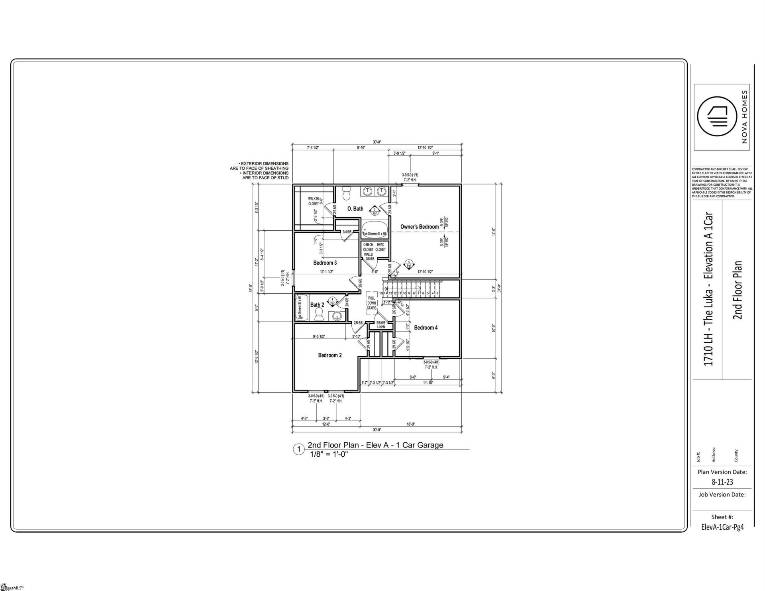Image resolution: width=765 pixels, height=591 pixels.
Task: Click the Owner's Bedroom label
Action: (x=420, y=227)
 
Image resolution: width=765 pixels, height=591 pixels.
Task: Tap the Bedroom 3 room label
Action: (x=325, y=263)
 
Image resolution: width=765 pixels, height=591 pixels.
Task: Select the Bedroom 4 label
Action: (x=426, y=328)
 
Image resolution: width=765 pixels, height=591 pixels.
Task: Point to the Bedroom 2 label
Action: (x=330, y=355)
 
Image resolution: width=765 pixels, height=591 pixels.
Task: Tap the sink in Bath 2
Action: (x=337, y=316)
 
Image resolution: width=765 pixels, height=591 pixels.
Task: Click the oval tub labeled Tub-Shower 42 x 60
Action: (x=374, y=227)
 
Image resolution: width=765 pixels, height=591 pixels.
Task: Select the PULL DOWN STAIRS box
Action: (x=372, y=303)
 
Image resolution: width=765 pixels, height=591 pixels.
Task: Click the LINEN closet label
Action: (x=381, y=327)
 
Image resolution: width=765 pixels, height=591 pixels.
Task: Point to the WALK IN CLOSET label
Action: (x=314, y=201)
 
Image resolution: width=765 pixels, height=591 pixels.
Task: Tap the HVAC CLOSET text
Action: (x=380, y=247)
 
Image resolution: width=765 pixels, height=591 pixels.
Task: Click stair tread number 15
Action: (x=381, y=293)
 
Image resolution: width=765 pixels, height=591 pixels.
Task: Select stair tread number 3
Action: (x=437, y=293)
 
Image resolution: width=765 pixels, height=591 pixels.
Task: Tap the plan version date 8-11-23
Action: (x=722, y=482)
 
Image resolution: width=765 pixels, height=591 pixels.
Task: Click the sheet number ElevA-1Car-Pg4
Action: (x=722, y=527)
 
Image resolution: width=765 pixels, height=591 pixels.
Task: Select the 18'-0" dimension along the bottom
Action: (x=411, y=424)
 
